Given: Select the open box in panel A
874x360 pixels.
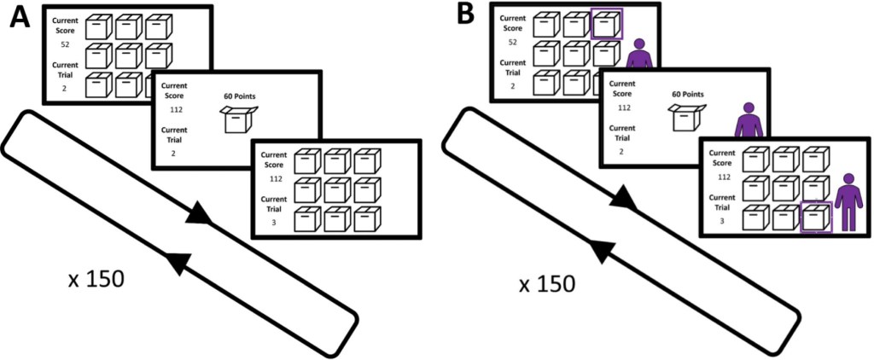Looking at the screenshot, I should tap(237, 120).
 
